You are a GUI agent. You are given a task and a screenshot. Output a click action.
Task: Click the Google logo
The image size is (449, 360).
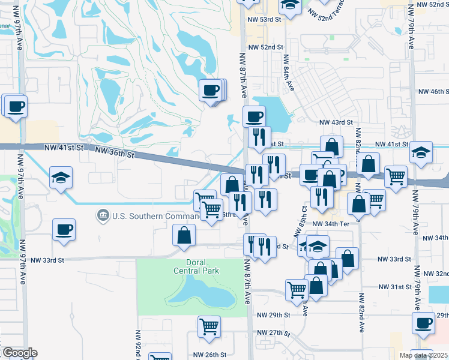point(19,353)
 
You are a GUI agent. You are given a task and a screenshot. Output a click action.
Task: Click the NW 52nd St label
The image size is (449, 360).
point(265,47)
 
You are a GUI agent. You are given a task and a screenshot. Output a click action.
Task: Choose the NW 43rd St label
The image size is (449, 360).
point(336,122)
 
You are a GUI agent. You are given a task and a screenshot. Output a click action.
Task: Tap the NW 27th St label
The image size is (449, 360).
point(273,332)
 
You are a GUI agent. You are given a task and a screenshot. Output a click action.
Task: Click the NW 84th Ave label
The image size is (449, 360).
point(290,78)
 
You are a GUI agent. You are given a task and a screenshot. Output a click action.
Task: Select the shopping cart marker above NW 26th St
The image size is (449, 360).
point(209,326)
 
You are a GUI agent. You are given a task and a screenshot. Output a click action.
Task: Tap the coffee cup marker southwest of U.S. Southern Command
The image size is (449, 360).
point(64,229)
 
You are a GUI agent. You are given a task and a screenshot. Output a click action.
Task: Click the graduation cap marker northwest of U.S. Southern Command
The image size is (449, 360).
point(61,178)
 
